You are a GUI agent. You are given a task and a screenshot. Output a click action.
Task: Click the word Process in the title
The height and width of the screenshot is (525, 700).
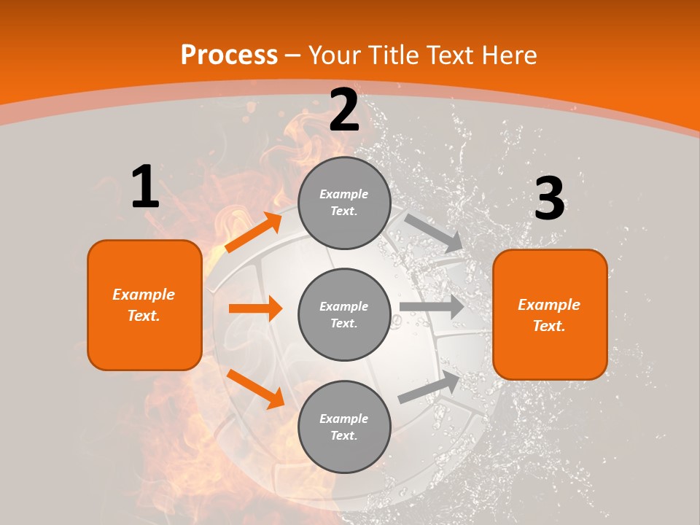pyautogui.click(x=229, y=55)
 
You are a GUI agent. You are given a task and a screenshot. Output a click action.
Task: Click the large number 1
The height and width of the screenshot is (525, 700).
pyautogui.click(x=145, y=187)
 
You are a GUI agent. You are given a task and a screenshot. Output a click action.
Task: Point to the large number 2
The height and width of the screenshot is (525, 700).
pyautogui.click(x=344, y=111)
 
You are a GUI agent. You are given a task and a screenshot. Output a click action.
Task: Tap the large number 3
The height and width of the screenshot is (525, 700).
pyautogui.click(x=549, y=199)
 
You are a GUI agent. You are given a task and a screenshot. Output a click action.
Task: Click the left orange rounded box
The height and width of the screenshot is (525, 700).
pyautogui.click(x=144, y=305)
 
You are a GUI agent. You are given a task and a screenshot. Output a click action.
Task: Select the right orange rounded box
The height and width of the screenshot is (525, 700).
pyautogui.click(x=550, y=314)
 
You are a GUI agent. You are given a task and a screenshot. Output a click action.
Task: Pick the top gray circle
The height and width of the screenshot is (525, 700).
pyautogui.click(x=344, y=203)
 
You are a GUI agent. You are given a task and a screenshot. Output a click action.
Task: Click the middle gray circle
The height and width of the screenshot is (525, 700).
pyautogui.click(x=344, y=314)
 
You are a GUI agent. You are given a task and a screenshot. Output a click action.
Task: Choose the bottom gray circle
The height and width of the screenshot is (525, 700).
pyautogui.click(x=344, y=427)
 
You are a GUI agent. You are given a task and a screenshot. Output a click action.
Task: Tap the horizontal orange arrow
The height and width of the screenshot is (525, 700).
pyautogui.click(x=255, y=308)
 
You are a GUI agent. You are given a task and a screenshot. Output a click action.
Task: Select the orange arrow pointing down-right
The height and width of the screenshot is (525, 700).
pyautogui.click(x=255, y=389)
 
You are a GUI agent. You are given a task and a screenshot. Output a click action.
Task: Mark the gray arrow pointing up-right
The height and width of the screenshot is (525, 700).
pyautogui.click(x=429, y=387)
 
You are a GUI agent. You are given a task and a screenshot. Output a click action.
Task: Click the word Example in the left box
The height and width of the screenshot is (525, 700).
pyautogui.click(x=144, y=295)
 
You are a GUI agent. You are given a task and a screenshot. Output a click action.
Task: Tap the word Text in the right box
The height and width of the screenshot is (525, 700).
pyautogui.click(x=548, y=326)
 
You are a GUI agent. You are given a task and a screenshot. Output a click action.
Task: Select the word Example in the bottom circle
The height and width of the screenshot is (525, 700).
pyautogui.click(x=343, y=419)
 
